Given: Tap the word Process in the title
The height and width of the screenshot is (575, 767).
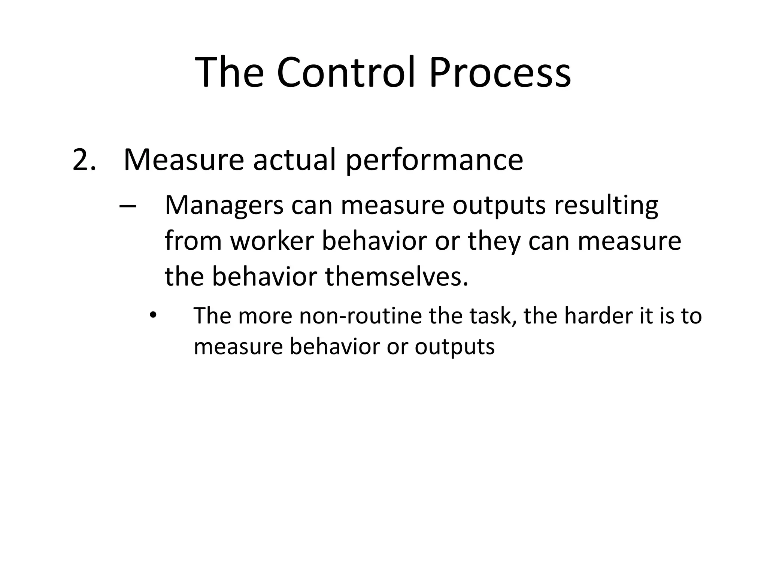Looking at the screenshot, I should click(500, 72).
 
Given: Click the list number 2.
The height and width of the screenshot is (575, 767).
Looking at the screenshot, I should click(83, 160).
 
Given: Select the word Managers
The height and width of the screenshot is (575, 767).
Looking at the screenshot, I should click(224, 206).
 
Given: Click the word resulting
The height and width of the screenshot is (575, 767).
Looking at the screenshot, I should click(606, 206).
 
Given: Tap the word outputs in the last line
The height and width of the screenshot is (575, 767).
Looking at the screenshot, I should click(454, 347).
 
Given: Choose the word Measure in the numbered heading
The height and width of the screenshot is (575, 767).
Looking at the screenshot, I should click(184, 160).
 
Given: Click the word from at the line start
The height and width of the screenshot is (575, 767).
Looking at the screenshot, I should click(193, 241).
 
